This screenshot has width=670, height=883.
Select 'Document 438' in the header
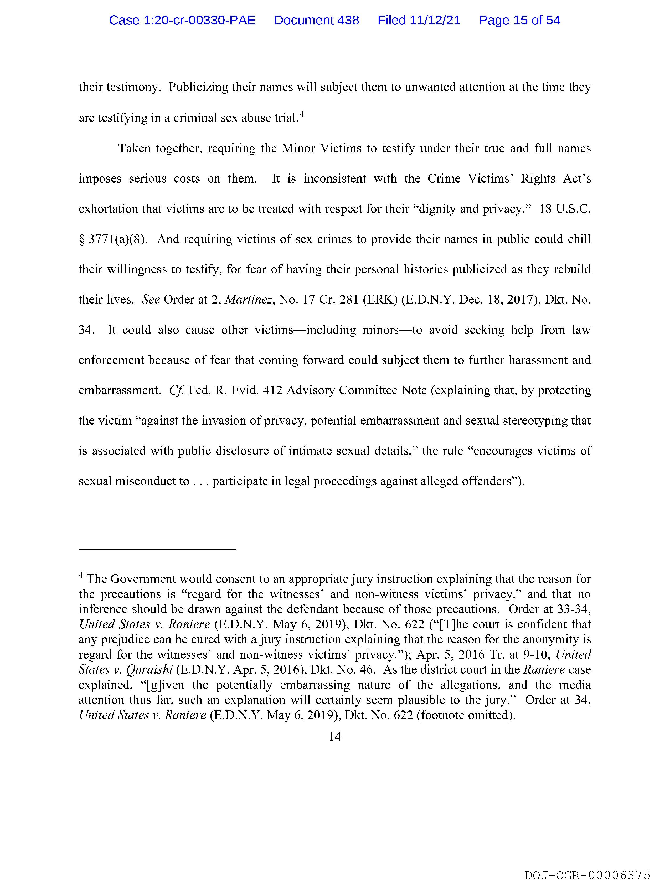(x=316, y=20)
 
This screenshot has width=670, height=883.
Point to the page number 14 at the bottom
(x=335, y=736)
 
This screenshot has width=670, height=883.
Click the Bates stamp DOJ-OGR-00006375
(x=587, y=875)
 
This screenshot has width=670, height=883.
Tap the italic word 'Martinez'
(x=249, y=299)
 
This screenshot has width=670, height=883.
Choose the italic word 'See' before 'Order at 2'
(x=151, y=299)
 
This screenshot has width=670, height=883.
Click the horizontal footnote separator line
(x=158, y=550)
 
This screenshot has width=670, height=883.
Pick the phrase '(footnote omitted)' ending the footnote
(x=465, y=715)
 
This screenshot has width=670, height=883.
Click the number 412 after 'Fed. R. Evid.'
(x=272, y=390)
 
